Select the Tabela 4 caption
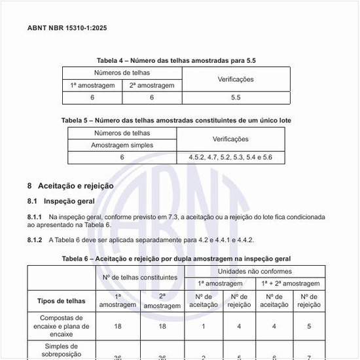point(176,60)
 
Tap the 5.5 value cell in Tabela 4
point(236,98)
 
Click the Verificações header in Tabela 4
point(236,79)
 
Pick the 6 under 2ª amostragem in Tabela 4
point(152,98)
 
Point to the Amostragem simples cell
point(122,145)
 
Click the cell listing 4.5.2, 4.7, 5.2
point(230,158)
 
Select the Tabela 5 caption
point(176,120)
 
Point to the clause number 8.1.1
point(35,217)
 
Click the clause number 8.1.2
point(35,240)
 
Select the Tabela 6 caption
point(176,259)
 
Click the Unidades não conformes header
point(255,271)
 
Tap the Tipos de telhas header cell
point(61,301)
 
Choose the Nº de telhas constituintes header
point(140,278)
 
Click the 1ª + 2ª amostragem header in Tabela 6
point(290,283)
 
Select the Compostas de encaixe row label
point(61,325)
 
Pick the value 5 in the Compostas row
point(309,325)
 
